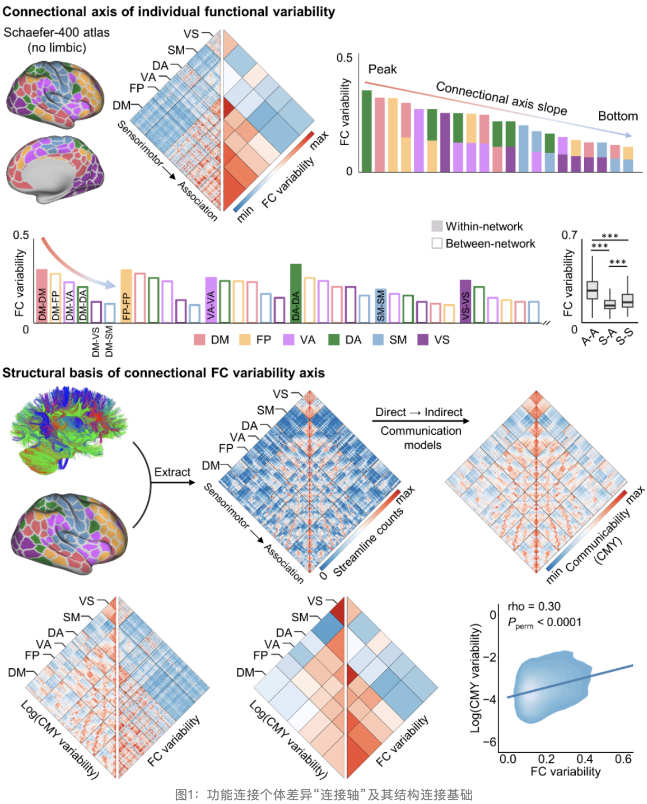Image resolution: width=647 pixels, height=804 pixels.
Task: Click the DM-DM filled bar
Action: point(42,296)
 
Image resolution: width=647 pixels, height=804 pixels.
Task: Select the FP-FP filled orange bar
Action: point(126,296)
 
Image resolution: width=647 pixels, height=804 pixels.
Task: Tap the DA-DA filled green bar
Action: point(296,293)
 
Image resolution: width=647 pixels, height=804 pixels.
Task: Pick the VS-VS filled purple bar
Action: point(465,301)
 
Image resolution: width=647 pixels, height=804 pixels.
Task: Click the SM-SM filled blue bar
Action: point(380,305)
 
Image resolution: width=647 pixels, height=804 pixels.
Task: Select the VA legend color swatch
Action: point(289,340)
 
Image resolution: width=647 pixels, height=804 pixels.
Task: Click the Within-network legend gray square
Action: point(437,227)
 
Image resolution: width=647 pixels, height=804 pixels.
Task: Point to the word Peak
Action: point(383,69)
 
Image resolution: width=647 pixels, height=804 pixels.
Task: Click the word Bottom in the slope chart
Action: point(617,116)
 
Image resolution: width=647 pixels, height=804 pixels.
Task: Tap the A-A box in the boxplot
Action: point(592,290)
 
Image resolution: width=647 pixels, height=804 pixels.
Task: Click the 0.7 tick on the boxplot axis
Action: point(569,235)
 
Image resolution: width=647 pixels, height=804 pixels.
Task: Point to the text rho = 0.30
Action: point(534,606)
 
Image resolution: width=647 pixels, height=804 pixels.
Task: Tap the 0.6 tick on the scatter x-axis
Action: point(623,759)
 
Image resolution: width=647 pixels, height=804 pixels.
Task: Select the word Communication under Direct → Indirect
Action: point(421,431)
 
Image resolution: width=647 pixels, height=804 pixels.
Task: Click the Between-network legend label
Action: point(490,244)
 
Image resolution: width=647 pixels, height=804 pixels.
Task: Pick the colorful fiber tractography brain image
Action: point(69,428)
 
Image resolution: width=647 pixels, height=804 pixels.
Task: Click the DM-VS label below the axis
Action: point(96,341)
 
